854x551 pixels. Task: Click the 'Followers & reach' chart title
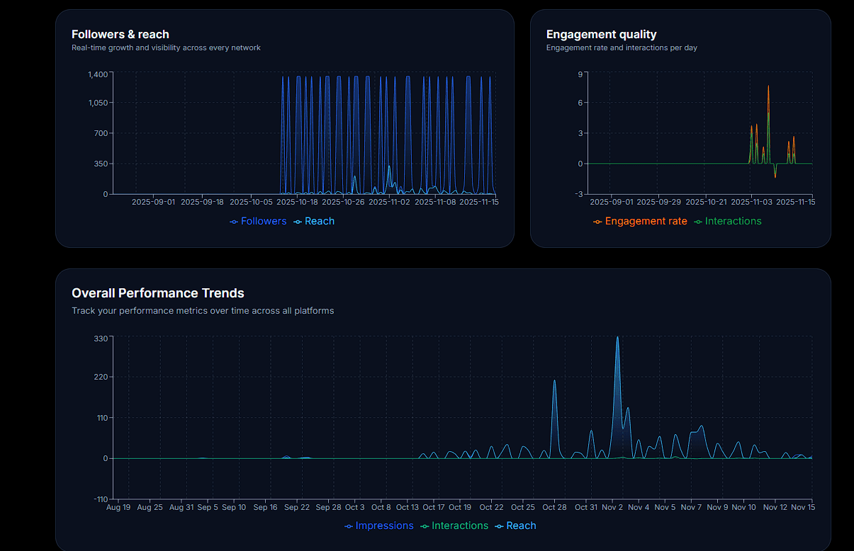pos(120,34)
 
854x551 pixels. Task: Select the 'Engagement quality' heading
pos(601,34)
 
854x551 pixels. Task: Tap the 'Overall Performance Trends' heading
pos(157,292)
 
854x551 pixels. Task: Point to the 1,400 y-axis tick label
pos(98,74)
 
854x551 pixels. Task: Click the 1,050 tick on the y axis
pos(98,103)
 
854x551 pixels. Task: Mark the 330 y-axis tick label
pos(101,339)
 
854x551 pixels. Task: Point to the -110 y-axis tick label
pos(101,499)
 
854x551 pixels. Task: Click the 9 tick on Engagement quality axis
pos(580,74)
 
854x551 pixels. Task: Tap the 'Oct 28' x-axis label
pos(554,507)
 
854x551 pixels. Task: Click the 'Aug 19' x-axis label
pos(118,507)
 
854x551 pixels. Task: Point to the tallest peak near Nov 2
pos(617,338)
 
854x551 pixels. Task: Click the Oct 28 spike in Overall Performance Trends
pos(554,381)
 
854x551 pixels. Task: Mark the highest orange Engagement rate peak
pos(768,86)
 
